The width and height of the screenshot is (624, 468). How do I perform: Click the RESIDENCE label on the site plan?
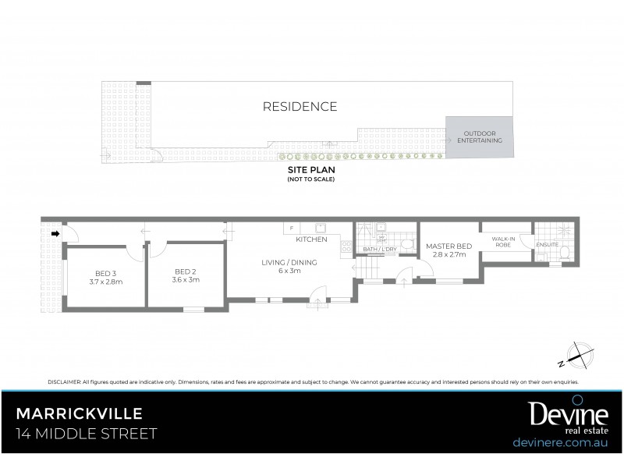pyautogui.click(x=300, y=107)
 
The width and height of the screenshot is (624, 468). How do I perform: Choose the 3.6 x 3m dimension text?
pyautogui.click(x=185, y=278)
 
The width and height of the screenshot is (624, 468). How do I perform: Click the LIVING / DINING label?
pyautogui.click(x=289, y=263)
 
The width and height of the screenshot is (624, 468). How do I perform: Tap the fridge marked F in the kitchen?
pyautogui.click(x=292, y=228)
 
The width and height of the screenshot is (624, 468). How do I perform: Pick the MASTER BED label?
pyautogui.click(x=448, y=246)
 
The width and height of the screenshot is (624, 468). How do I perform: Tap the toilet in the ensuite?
pyautogui.click(x=564, y=251)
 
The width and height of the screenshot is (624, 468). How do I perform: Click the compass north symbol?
pyautogui.click(x=578, y=355)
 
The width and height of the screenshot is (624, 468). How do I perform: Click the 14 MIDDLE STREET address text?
pyautogui.click(x=87, y=433)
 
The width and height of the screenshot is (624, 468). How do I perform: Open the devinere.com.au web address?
pyautogui.click(x=562, y=441)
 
